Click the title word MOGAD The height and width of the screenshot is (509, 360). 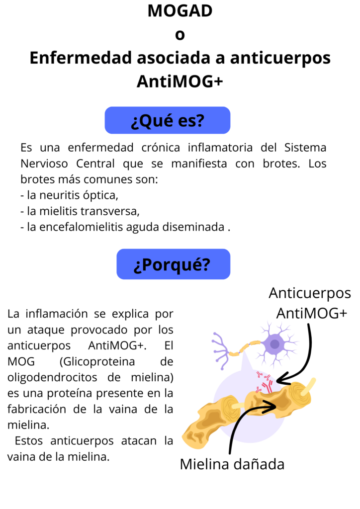[x=180, y=11]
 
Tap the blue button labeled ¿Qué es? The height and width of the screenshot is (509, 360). [x=168, y=120]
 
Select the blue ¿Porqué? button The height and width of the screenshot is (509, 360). [x=174, y=264]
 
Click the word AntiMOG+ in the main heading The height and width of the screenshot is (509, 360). [x=180, y=81]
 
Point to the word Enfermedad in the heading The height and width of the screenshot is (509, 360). [x=81, y=58]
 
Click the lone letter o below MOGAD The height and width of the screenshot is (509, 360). [x=180, y=35]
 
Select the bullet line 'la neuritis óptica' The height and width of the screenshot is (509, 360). [x=69, y=195]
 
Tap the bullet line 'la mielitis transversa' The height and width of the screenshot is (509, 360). [x=80, y=211]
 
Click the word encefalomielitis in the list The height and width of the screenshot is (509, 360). [x=81, y=227]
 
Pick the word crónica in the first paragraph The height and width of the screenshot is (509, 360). [x=161, y=147]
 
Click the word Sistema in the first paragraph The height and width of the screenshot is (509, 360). [x=305, y=147]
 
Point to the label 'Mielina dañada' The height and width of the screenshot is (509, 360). [x=232, y=464]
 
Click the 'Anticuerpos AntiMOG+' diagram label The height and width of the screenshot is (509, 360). [x=310, y=303]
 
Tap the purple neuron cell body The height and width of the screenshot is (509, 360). [x=274, y=344]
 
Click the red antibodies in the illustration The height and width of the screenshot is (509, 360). [x=264, y=382]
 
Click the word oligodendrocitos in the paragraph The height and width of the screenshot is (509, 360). [x=52, y=377]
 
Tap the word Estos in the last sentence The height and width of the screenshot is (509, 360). [x=28, y=441]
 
